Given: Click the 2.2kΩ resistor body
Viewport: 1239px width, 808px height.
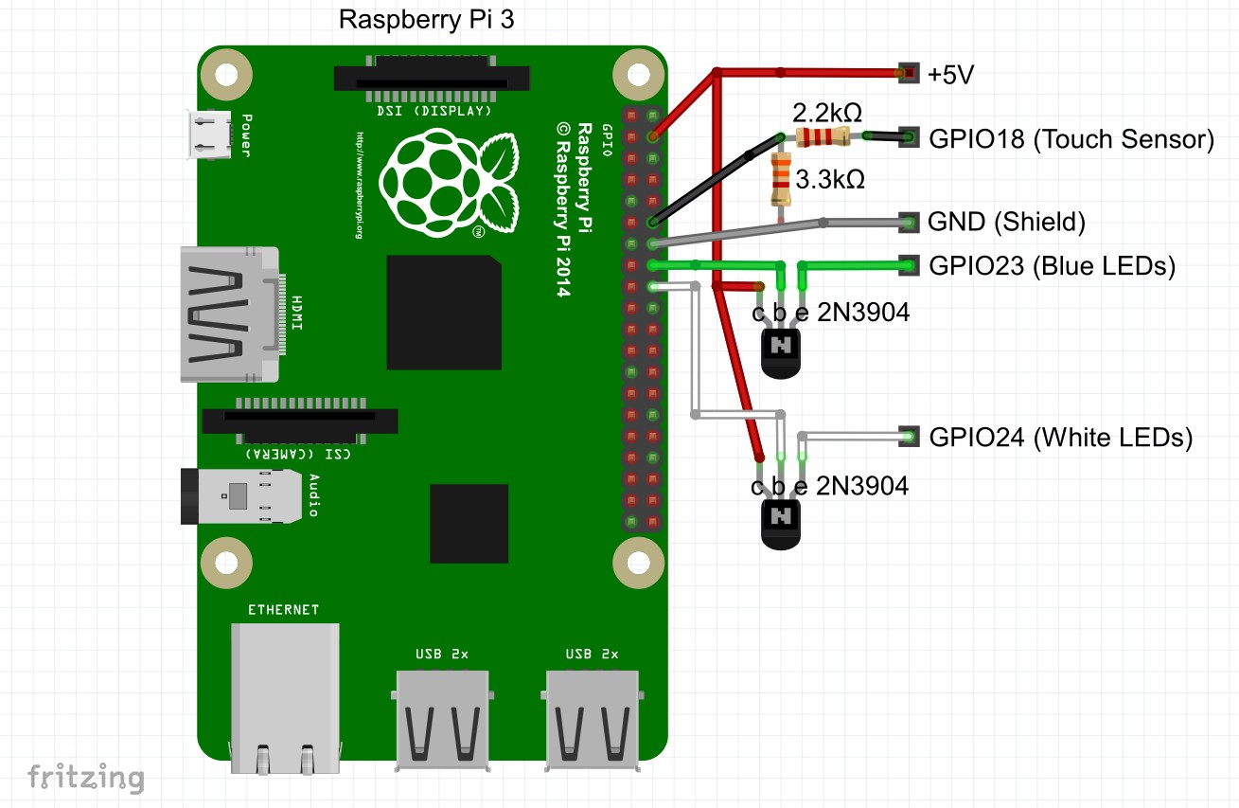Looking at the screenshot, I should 822,138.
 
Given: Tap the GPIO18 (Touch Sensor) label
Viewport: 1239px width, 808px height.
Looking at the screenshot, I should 1071,139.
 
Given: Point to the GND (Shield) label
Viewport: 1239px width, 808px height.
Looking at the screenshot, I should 1006,223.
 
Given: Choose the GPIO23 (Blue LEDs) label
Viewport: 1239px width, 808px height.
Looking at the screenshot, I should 1052,266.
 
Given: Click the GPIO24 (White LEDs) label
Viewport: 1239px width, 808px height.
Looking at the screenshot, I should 1060,438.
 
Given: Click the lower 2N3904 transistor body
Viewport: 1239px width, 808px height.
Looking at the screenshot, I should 782,524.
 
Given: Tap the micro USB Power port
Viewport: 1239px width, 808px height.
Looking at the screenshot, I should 210,135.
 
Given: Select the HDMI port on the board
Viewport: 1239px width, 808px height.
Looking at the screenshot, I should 230,315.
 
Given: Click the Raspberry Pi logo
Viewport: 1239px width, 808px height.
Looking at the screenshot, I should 448,185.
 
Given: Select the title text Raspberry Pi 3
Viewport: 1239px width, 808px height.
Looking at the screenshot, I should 427,20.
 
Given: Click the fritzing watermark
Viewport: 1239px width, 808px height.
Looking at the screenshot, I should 85,779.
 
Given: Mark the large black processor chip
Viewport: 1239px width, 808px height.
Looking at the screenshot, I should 443,313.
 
